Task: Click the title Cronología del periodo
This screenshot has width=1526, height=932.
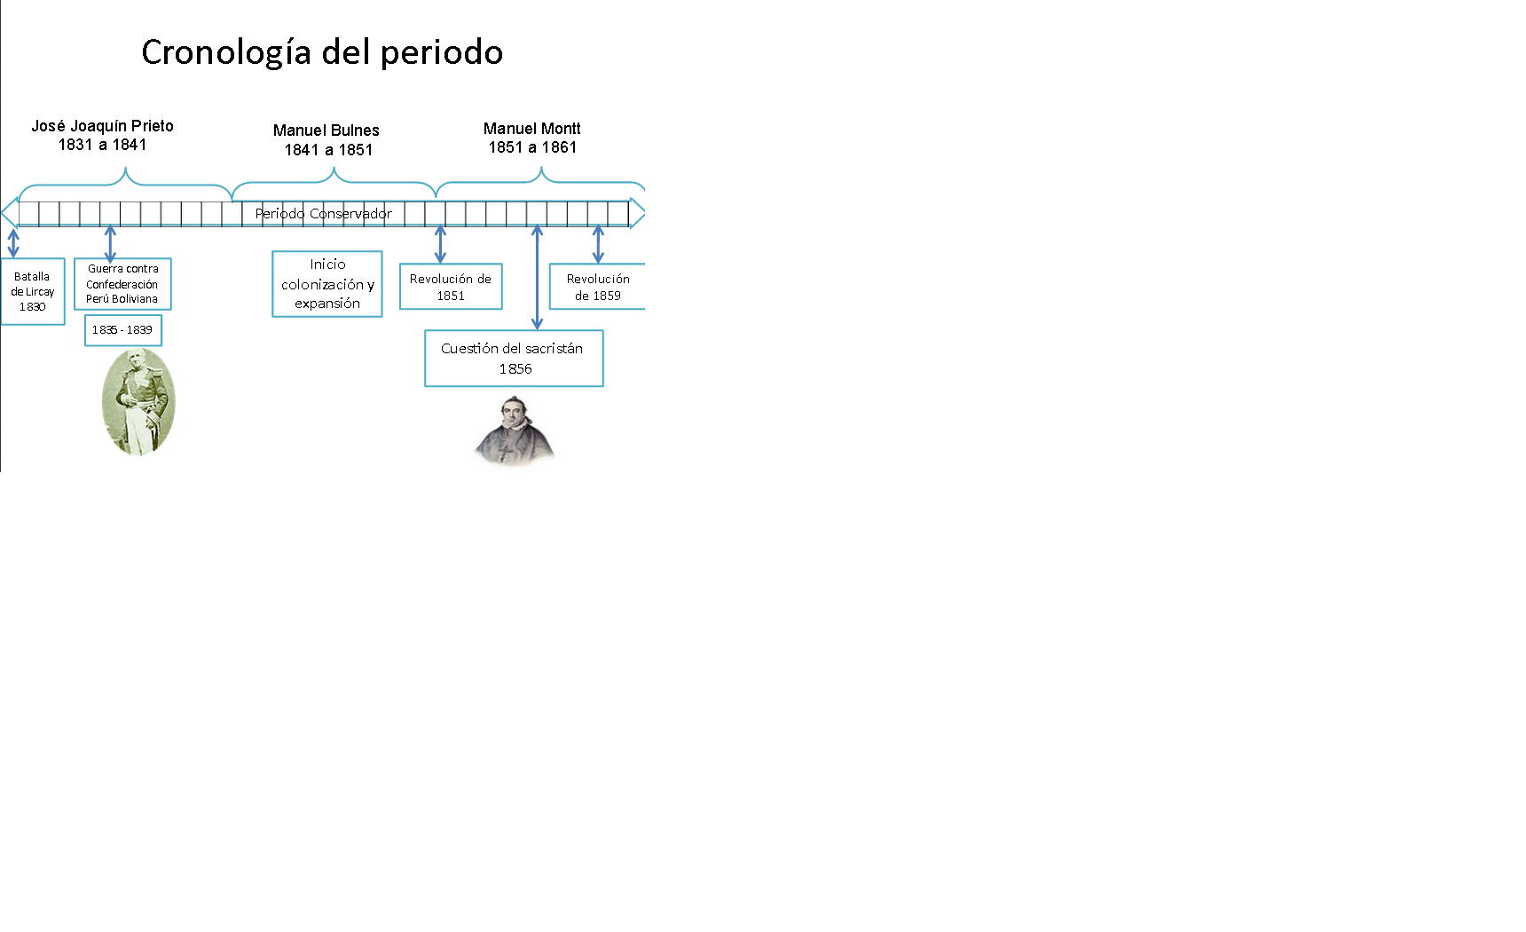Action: (322, 52)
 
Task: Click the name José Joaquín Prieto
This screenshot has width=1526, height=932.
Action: (103, 126)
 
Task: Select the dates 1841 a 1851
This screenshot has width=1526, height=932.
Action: (328, 150)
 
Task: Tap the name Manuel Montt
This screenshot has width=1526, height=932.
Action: (531, 129)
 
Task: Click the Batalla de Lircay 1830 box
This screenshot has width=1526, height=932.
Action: (33, 292)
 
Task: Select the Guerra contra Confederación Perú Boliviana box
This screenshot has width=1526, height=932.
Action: (122, 284)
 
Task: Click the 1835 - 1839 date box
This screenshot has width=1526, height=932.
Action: (122, 330)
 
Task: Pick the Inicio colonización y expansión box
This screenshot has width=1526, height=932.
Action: (327, 284)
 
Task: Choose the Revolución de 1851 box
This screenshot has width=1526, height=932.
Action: (451, 287)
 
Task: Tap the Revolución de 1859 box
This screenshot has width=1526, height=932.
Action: (597, 287)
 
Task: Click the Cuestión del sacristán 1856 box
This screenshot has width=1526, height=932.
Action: (514, 359)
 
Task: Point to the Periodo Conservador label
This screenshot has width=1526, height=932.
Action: (323, 214)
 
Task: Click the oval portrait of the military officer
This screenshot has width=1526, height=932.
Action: (138, 401)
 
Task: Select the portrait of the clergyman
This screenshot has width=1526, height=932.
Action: (514, 431)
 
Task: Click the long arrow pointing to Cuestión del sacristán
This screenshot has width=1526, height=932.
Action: (537, 277)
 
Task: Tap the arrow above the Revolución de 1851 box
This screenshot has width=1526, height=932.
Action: (440, 244)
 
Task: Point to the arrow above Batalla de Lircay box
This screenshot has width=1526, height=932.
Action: (13, 243)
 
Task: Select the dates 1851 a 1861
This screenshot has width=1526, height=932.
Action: (532, 147)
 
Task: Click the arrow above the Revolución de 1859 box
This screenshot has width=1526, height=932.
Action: (598, 244)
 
